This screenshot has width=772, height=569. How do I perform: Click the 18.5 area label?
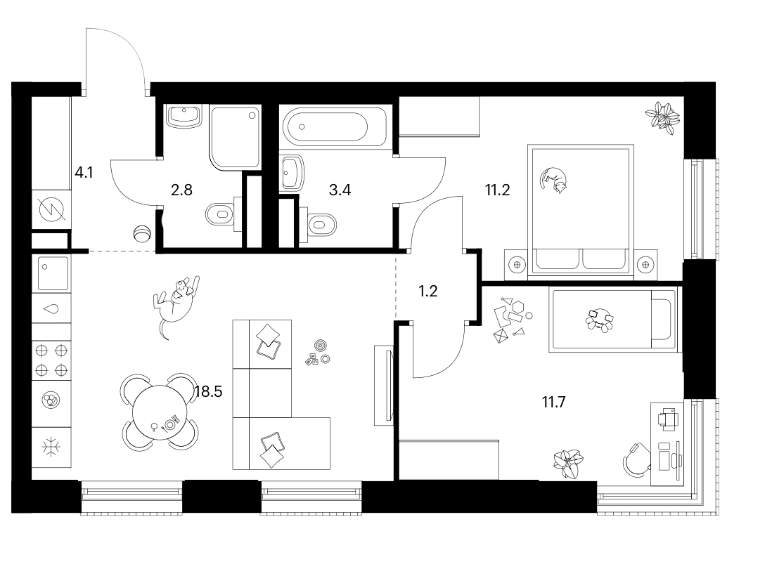tap(209, 392)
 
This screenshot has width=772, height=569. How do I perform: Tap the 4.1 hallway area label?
tap(84, 173)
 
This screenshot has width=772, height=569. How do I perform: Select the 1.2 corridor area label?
tap(428, 291)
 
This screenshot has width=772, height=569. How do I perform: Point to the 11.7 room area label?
tap(554, 403)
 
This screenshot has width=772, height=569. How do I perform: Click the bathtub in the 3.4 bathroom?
tap(326, 126)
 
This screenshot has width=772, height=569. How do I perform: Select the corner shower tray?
tap(235, 137)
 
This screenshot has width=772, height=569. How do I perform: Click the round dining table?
tap(160, 412)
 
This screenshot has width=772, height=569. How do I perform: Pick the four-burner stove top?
tap(51, 360)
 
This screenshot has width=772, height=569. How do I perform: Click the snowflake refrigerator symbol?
tap(51, 447)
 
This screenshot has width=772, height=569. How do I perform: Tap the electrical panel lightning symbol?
tap(51, 209)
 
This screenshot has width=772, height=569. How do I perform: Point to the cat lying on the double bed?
tap(554, 179)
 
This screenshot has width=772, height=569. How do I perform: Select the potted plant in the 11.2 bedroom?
tap(662, 117)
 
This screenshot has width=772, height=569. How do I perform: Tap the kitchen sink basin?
tap(52, 273)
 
